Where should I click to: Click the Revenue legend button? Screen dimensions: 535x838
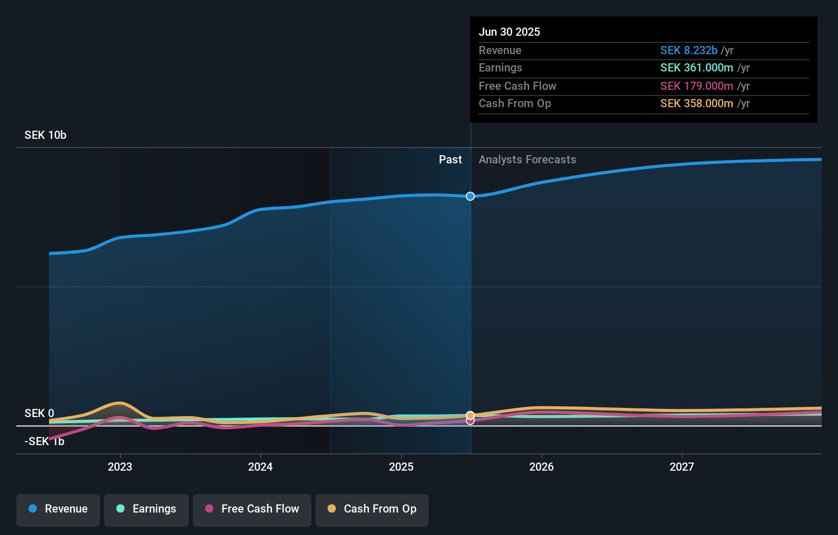(x=58, y=509)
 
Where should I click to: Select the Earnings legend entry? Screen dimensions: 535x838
(x=146, y=509)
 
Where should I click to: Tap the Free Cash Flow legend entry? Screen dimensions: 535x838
(x=252, y=509)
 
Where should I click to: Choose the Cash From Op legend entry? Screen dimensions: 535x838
(x=372, y=509)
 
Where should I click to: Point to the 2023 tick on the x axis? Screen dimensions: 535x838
(x=120, y=467)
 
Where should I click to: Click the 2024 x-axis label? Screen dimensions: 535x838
(x=260, y=467)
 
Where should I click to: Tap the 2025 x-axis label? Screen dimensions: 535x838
(x=401, y=467)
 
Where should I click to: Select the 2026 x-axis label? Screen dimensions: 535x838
(x=541, y=467)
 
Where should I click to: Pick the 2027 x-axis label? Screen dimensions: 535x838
(x=682, y=467)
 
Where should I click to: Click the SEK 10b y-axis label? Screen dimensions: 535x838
(x=45, y=135)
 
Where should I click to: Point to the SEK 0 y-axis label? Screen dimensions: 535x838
(x=39, y=413)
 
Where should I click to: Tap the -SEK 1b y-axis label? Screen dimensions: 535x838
(x=44, y=442)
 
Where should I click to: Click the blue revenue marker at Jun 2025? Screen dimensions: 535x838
(x=471, y=197)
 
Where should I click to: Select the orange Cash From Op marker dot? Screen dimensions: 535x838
(x=471, y=415)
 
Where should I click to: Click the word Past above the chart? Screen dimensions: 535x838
(x=450, y=160)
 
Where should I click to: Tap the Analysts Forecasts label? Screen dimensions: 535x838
(x=527, y=160)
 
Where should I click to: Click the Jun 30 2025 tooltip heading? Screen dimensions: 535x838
(x=509, y=32)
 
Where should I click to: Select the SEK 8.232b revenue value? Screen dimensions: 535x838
(x=688, y=51)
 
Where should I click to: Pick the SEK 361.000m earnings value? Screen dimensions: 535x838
(x=696, y=68)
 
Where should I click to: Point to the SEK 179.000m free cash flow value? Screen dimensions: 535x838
(x=696, y=86)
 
